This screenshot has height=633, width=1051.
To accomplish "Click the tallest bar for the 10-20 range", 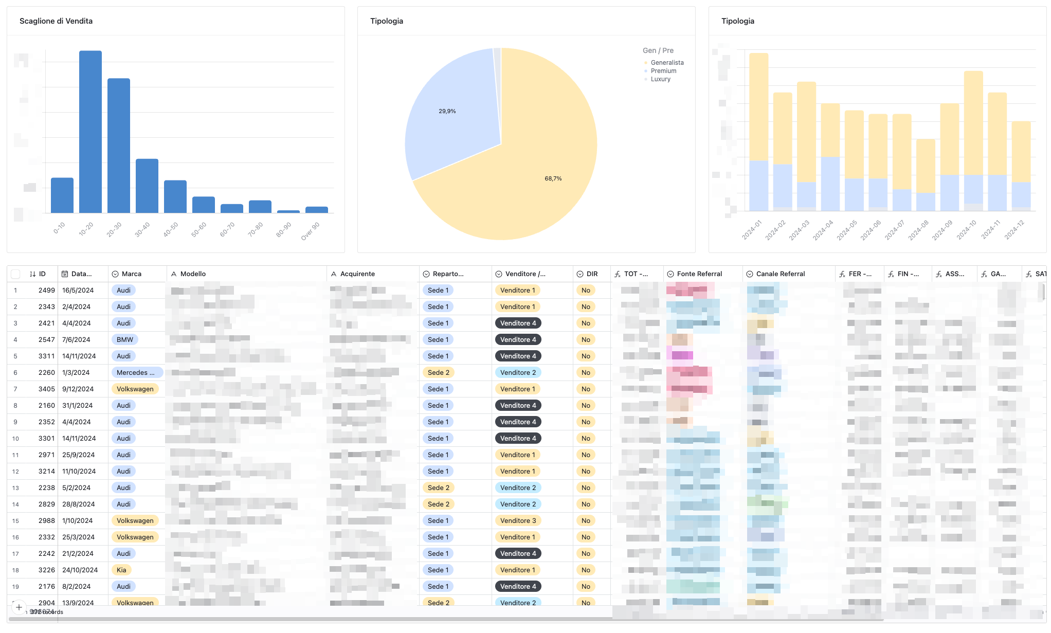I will point(90,131).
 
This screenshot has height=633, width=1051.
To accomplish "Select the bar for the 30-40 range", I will point(147,186).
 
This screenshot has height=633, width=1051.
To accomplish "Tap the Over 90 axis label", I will point(311,231).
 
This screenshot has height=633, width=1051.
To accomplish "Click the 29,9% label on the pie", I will point(447,111).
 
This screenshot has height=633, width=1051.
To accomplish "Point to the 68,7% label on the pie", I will point(553,178).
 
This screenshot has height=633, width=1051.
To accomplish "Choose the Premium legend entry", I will point(663,71).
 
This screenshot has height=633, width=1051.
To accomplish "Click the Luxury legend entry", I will point(660,79).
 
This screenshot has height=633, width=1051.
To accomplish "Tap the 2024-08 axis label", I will point(918,230).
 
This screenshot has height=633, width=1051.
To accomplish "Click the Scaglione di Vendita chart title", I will point(56,21).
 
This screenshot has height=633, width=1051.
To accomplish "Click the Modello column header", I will point(193,274).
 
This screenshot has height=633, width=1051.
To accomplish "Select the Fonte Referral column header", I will point(699,274).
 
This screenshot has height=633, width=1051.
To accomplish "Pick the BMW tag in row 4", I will point(124,340).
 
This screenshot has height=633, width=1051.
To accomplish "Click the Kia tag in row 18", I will point(121,570).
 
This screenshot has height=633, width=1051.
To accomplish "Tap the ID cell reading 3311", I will point(46,356).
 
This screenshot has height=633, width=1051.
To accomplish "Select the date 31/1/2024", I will point(77,406).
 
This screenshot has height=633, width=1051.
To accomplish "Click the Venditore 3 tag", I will point(518,521).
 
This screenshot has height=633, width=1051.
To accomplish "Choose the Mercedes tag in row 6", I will point(136,373).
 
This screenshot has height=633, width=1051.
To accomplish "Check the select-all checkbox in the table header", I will point(15,274).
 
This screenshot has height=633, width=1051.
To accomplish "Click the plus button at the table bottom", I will point(19,607).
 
